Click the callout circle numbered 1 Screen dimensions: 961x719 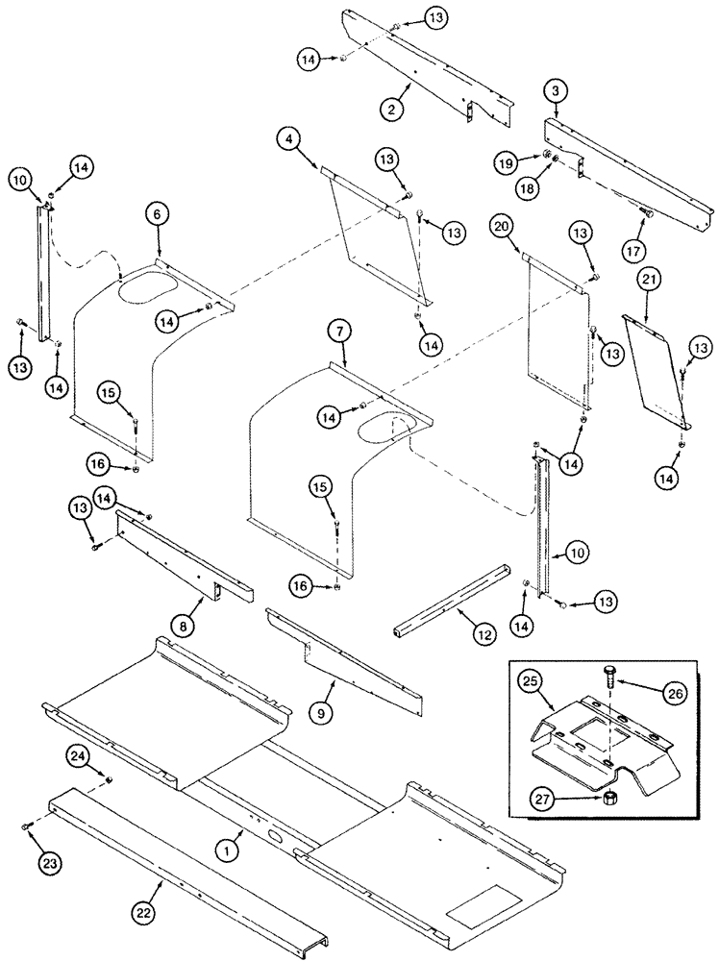pyautogui.click(x=227, y=850)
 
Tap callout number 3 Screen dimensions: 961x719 pyautogui.click(x=556, y=91)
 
